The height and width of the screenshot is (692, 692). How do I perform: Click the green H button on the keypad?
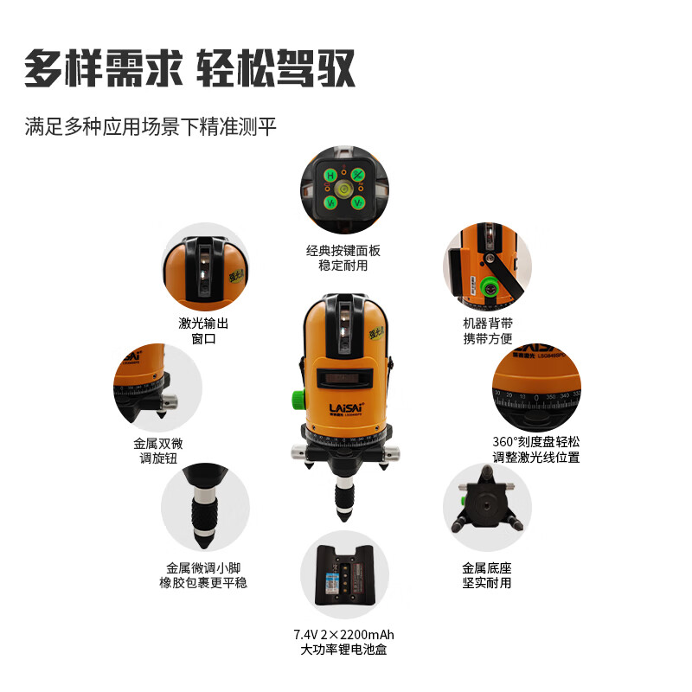point(330,176)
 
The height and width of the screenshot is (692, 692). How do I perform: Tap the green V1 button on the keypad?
point(330,202)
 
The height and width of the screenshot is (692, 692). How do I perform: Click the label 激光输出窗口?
point(203,331)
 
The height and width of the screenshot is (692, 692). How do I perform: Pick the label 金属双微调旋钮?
point(158,450)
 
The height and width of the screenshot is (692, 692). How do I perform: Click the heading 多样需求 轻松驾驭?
point(189,67)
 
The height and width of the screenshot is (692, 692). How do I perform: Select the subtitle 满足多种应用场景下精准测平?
point(151,127)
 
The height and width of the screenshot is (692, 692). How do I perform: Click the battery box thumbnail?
point(344,574)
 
